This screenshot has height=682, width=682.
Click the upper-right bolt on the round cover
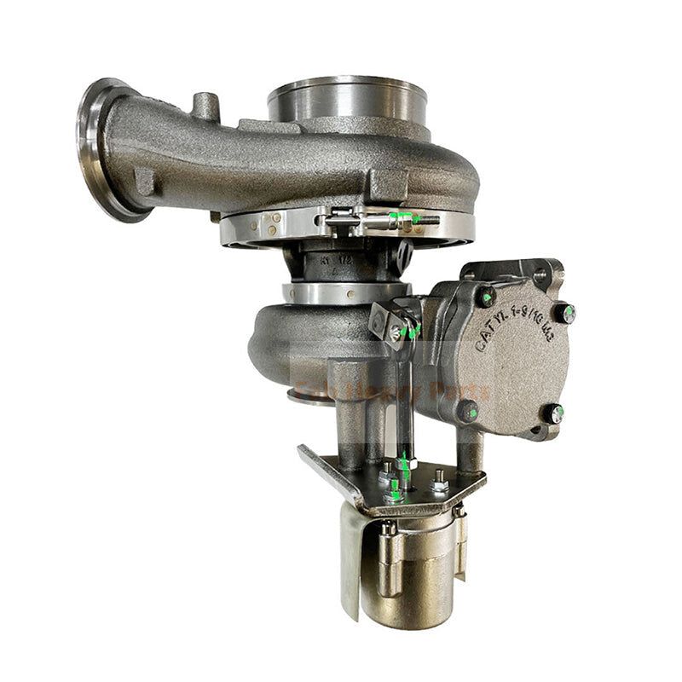pyautogui.click(x=564, y=313)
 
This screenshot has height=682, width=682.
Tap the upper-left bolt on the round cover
pyautogui.click(x=486, y=298)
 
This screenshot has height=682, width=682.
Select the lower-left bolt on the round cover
pyautogui.click(x=467, y=412)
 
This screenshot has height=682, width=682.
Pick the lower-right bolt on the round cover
pyautogui.click(x=555, y=415)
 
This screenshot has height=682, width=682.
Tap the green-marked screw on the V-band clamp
pyautogui.click(x=407, y=218)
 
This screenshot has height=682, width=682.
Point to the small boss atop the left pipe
pyautogui.click(x=204, y=106)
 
